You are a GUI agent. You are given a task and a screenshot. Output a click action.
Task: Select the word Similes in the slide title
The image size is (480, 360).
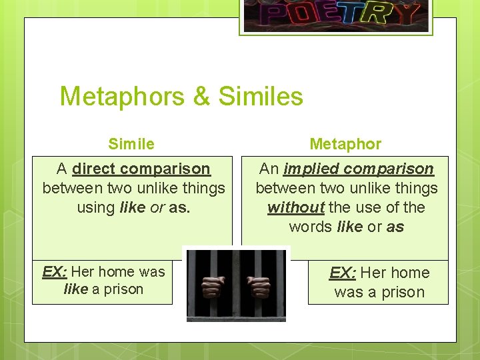261,97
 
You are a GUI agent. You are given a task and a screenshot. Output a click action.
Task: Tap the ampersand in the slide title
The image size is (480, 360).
201,97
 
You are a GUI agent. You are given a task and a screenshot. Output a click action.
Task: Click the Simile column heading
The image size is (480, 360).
131,144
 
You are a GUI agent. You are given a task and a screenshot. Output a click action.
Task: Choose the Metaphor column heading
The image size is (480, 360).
345,144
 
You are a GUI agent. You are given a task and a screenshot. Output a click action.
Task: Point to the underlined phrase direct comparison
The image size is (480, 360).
141,169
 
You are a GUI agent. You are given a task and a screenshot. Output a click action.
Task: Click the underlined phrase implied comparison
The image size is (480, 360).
359,169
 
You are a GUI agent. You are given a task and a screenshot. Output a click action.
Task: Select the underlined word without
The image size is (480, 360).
295,207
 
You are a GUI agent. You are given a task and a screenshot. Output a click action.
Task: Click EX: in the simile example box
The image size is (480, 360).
55,271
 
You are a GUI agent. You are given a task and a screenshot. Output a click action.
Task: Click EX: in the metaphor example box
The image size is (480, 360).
342,273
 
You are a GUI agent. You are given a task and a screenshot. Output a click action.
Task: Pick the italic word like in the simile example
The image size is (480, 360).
76,289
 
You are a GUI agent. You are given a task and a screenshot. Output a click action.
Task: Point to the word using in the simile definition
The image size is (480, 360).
96,207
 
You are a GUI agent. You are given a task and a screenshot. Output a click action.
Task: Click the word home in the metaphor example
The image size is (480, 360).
407,273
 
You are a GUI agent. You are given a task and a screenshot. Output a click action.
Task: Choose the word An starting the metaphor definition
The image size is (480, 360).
269,169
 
